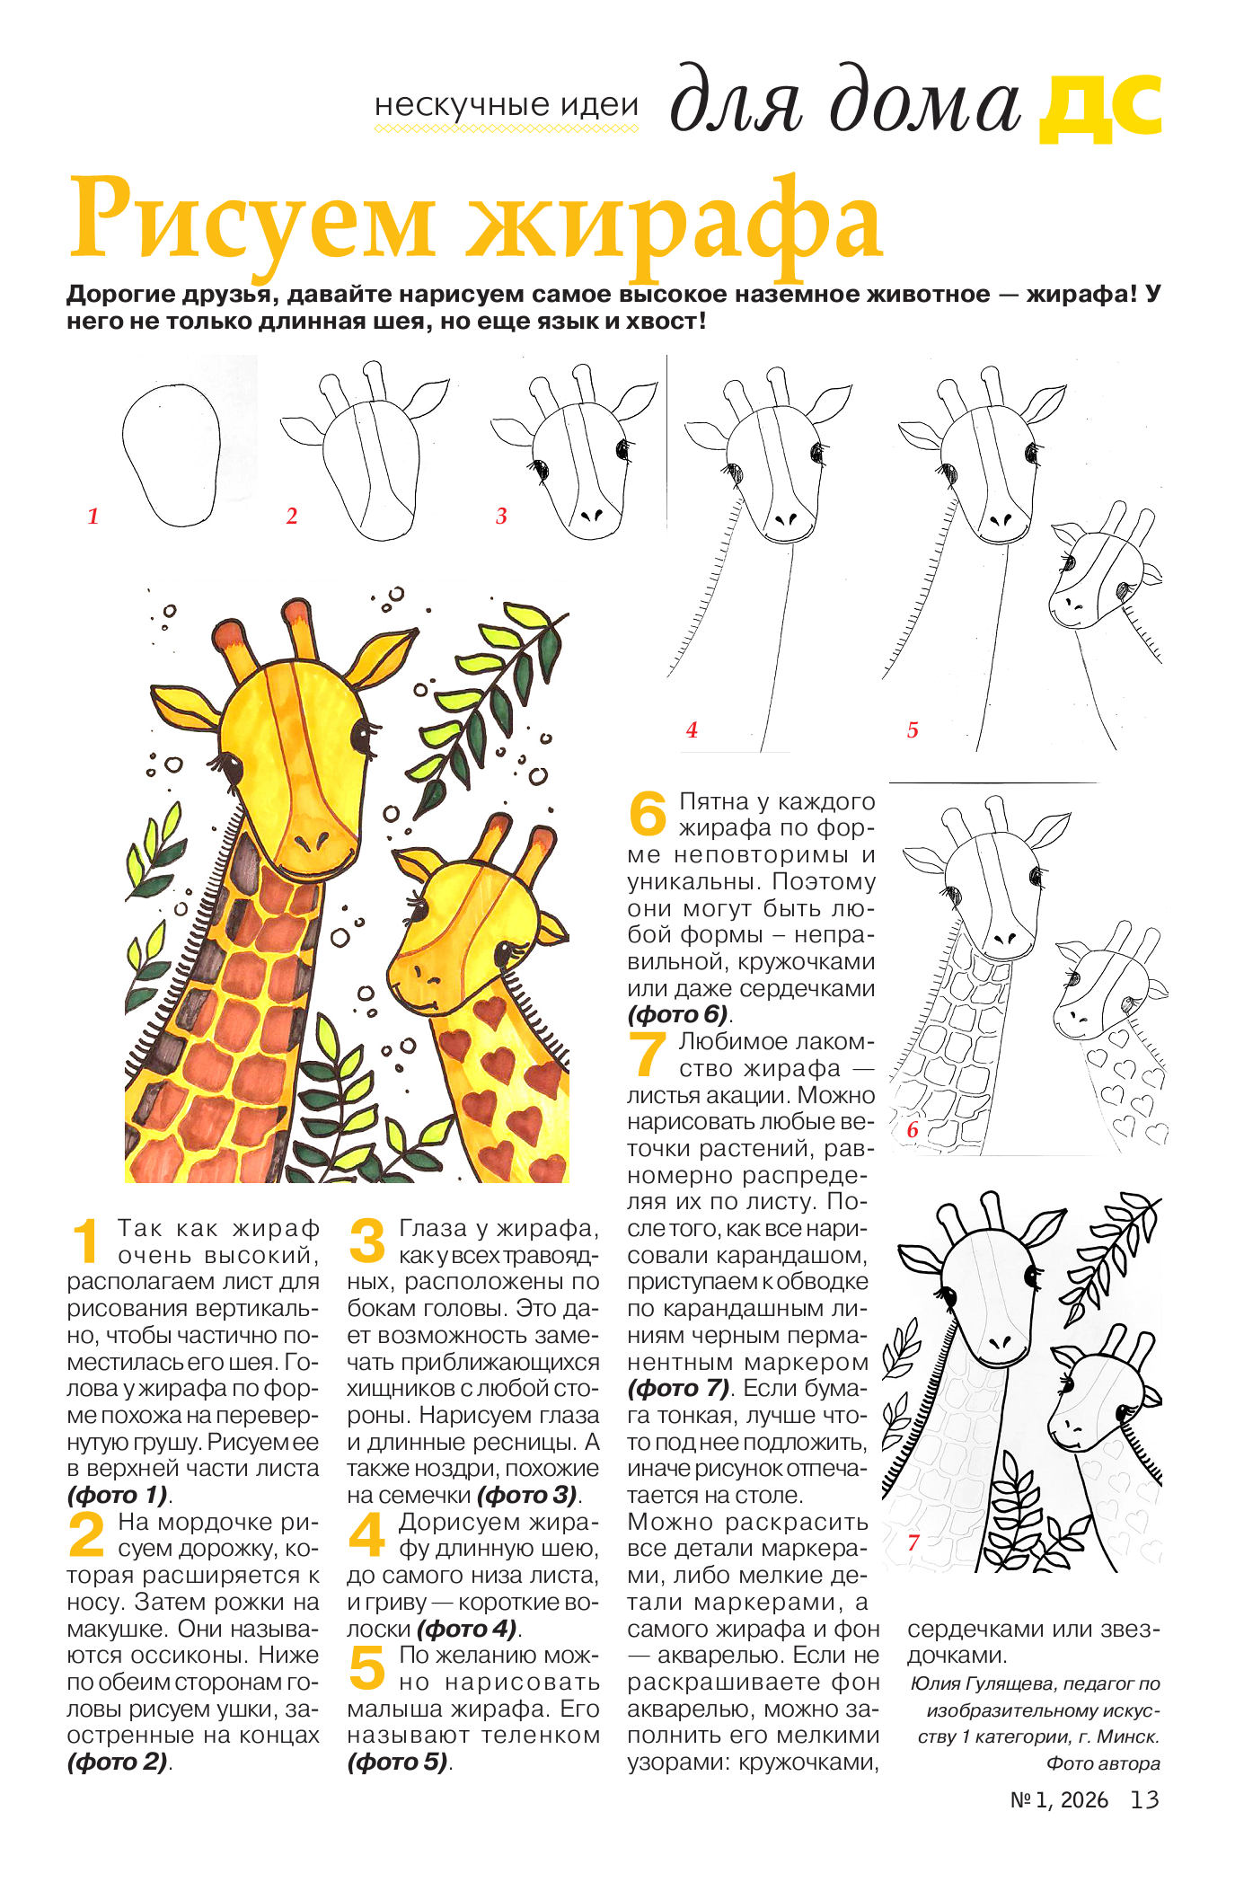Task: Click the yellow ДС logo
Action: tap(1100, 109)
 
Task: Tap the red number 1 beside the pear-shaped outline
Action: tap(93, 516)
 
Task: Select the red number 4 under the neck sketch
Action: tap(692, 729)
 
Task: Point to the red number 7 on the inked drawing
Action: tap(913, 1542)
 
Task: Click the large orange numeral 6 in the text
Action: tap(647, 813)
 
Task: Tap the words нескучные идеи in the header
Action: tap(507, 106)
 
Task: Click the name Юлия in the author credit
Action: tap(934, 1683)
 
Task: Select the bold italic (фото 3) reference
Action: tap(528, 1495)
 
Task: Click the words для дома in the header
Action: tap(845, 103)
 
